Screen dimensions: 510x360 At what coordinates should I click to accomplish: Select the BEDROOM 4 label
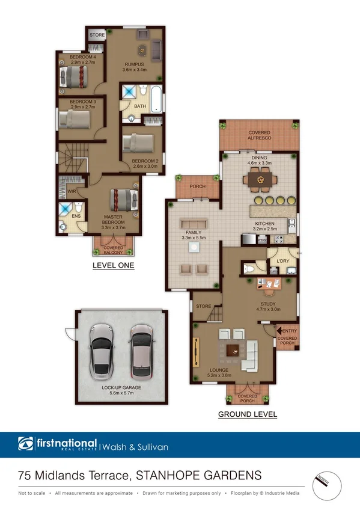(x=74, y=59)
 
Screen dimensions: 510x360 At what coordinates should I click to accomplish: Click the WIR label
(x=71, y=192)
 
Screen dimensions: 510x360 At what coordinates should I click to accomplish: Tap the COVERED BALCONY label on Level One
(x=113, y=250)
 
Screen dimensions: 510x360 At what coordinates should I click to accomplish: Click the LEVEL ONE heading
(x=113, y=265)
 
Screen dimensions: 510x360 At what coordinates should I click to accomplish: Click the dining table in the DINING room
(x=261, y=179)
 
